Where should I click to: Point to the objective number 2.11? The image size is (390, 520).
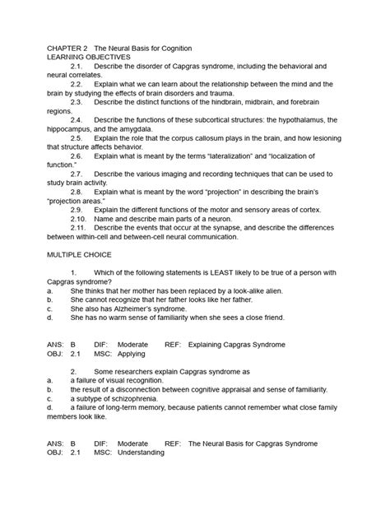pyautogui.click(x=78, y=228)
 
